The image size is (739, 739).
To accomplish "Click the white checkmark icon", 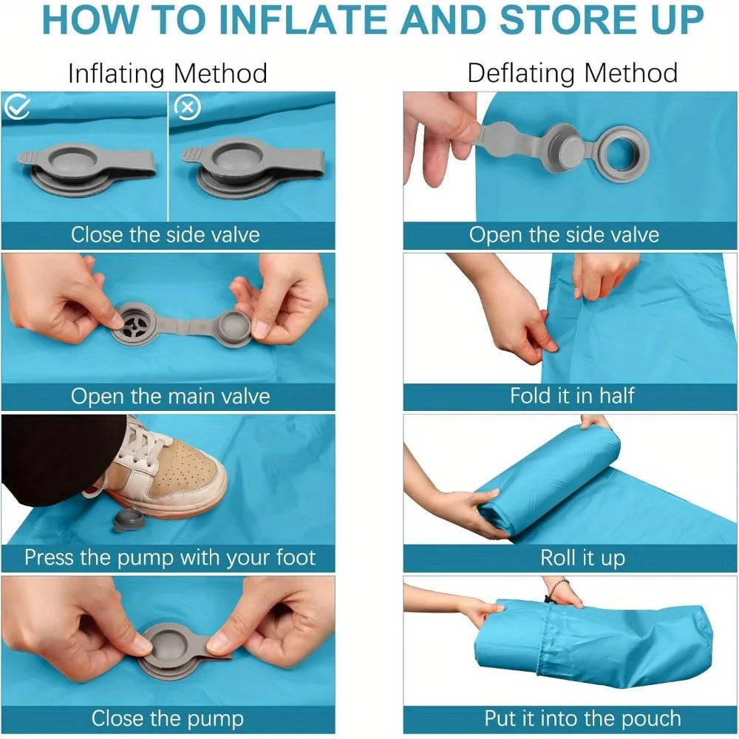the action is (17, 106).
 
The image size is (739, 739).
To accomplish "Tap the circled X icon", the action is (188, 107).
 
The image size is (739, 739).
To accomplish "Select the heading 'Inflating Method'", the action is (167, 73).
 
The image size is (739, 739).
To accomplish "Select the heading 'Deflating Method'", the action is (572, 73).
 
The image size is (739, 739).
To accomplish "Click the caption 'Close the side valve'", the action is (166, 235).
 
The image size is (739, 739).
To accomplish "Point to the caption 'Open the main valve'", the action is (170, 396).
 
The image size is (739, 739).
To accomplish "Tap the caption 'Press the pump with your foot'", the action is (170, 557).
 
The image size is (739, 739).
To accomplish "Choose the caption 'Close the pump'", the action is (167, 719).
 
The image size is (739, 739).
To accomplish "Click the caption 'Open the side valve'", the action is (564, 235).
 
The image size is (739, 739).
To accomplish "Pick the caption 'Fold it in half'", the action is (572, 396).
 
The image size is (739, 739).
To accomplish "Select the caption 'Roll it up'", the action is (582, 557).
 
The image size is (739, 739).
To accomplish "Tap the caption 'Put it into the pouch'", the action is (582, 719).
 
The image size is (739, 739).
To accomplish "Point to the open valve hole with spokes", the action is (135, 322).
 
